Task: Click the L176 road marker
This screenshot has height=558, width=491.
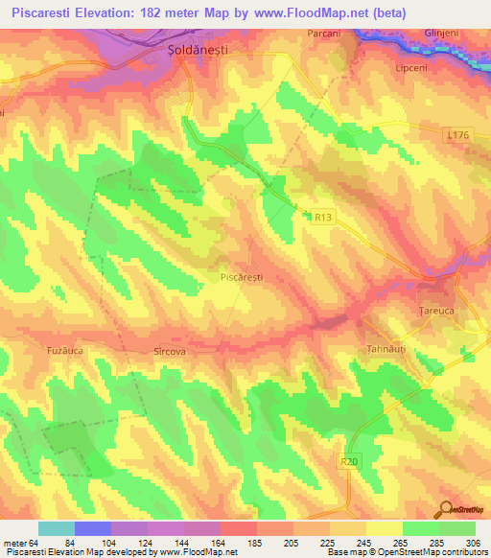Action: coord(457,139)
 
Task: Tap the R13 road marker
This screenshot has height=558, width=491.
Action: coord(323,218)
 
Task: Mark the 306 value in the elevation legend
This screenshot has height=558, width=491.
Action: coord(475,542)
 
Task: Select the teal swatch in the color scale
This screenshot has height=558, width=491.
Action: coord(57,528)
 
